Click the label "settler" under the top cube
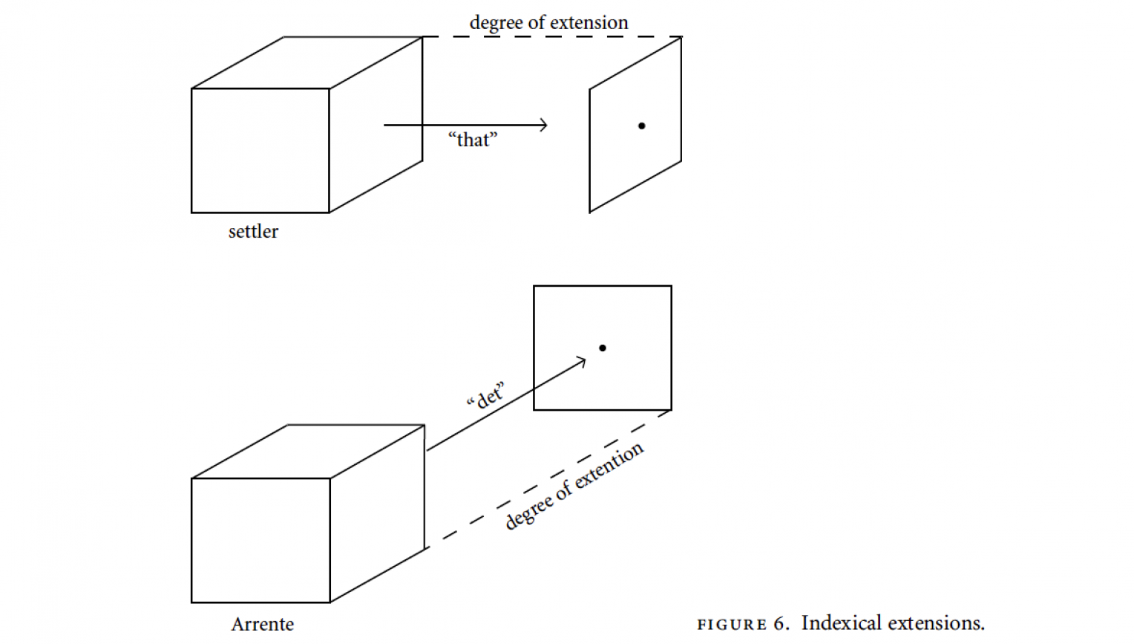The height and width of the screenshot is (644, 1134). coord(253,232)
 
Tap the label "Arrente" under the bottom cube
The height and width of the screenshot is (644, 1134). coord(262,624)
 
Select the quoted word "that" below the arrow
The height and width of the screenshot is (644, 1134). coord(473,140)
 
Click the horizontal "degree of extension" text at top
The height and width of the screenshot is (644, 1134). coord(548,23)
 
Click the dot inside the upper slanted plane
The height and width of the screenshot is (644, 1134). coord(641,126)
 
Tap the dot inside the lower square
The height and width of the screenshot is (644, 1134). coord(603,348)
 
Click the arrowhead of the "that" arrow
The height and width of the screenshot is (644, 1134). coord(544,125)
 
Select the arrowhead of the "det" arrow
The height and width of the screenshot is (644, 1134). coord(581,362)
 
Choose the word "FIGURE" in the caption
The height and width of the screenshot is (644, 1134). coord(732,624)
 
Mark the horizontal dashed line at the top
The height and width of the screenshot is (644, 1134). coord(552,36)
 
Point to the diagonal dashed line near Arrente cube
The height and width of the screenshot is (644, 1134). coord(548,479)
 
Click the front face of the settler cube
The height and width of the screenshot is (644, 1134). coord(260,151)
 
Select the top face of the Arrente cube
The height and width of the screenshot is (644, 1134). coord(308,452)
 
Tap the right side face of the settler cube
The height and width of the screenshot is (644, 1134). coord(376,125)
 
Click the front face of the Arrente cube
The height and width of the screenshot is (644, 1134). coord(260,540)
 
